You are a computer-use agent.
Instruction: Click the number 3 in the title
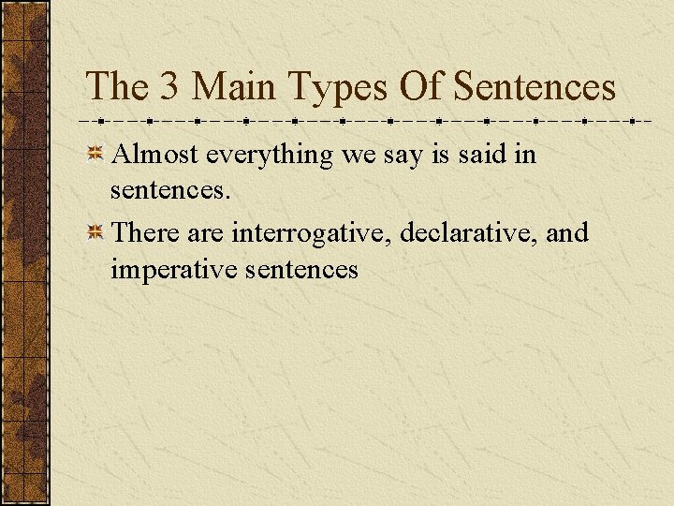click(169, 87)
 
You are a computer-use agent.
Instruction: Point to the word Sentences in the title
click(535, 87)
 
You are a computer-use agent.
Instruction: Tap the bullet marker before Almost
click(95, 155)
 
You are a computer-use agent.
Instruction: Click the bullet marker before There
click(95, 232)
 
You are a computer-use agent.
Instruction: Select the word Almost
click(154, 154)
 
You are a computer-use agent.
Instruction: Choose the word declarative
click(468, 231)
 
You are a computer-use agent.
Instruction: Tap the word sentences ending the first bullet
click(168, 192)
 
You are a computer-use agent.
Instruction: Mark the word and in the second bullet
click(566, 231)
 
